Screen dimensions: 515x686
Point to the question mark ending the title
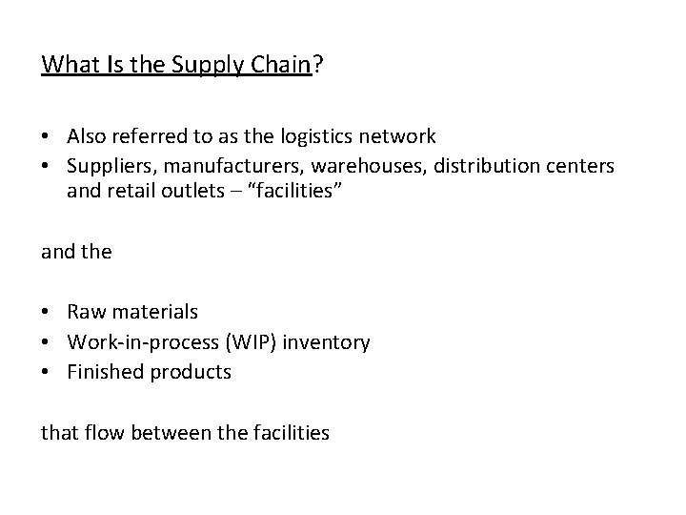click(x=318, y=65)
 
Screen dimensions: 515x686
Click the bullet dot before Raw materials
click(x=48, y=313)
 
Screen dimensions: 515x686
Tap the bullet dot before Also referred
click(x=48, y=137)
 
